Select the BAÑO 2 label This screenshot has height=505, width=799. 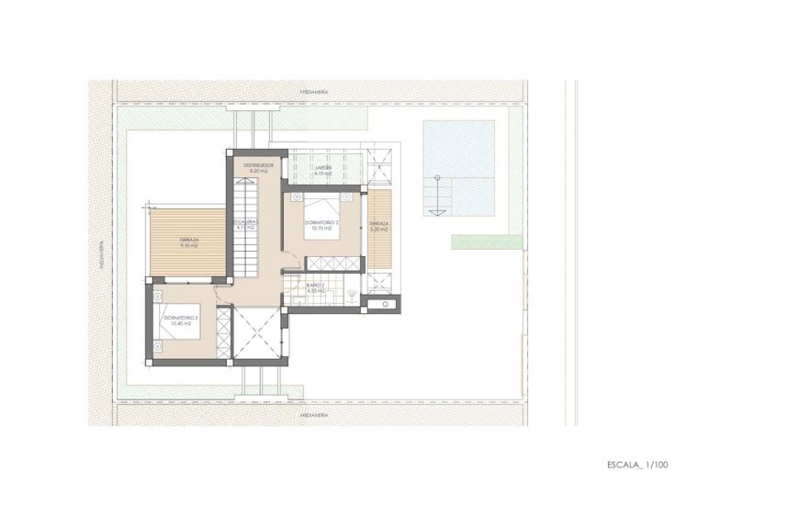(316, 286)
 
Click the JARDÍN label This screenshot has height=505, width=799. (322, 168)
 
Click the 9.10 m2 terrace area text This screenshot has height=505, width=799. (189, 245)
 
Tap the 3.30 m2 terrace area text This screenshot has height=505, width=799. (378, 229)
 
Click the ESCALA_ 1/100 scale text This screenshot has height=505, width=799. (636, 465)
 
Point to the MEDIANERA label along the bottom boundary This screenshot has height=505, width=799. (313, 414)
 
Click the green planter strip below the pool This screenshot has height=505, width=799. (487, 241)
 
